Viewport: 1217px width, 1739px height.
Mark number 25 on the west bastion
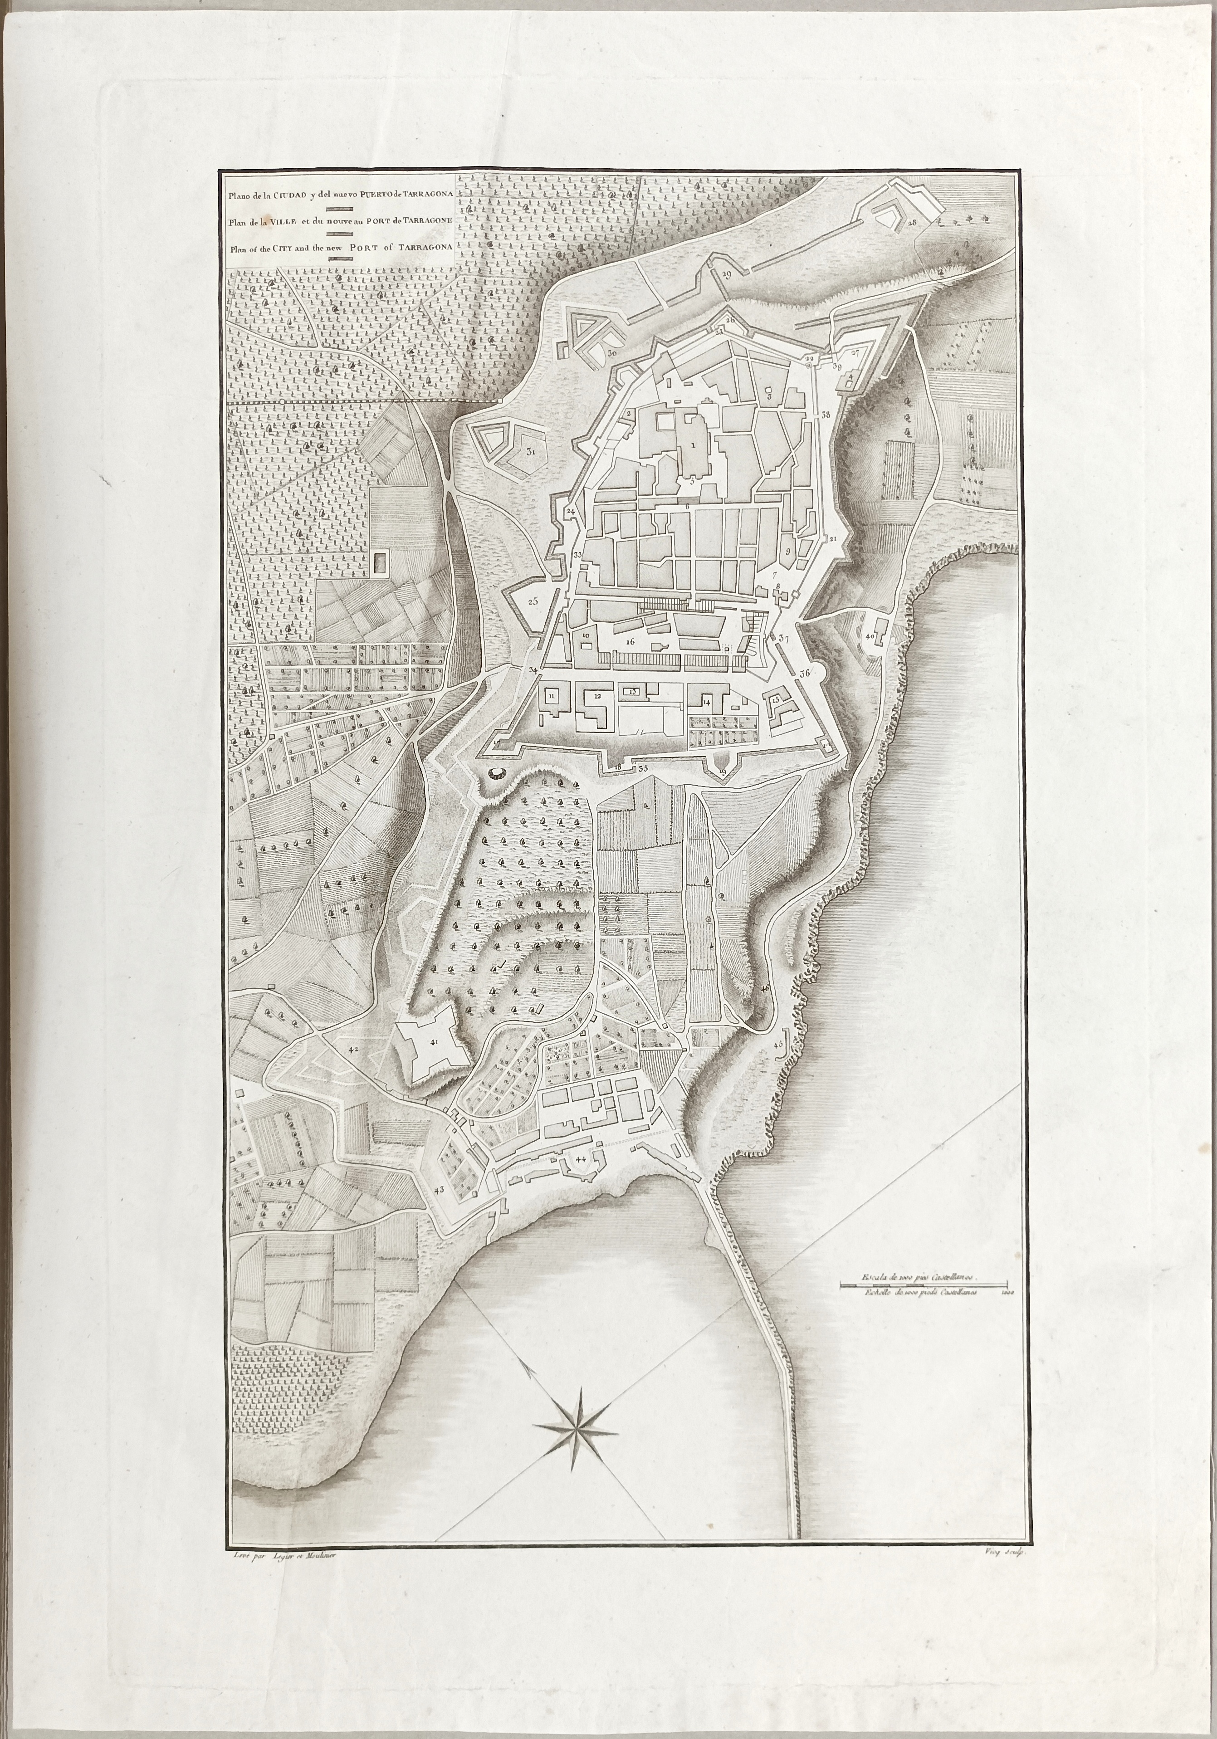click(533, 602)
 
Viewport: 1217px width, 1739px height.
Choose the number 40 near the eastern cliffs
click(870, 636)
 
